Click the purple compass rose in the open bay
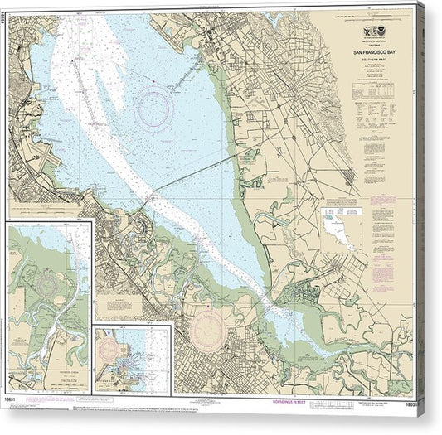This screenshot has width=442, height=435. (155, 109)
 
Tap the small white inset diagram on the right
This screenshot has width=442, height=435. (342, 228)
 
